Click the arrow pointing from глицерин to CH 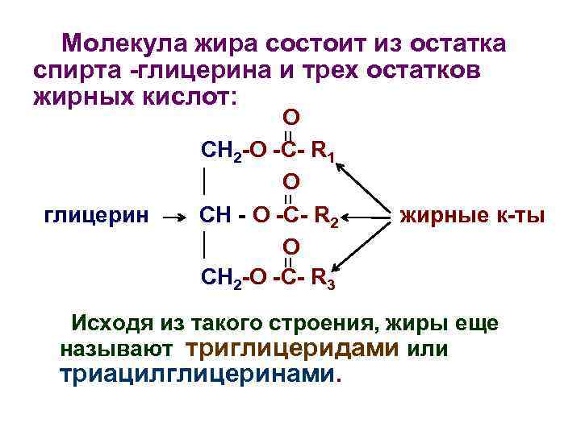[x=177, y=217]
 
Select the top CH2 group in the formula [x=218, y=149]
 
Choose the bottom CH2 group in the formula [x=218, y=279]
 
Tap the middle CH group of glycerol [x=214, y=215]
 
